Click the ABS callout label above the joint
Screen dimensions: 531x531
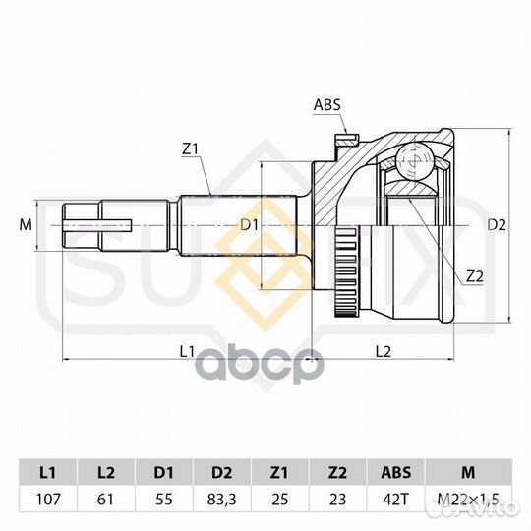click(326, 105)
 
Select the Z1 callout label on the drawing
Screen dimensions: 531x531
click(190, 149)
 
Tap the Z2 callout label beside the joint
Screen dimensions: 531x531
click(474, 276)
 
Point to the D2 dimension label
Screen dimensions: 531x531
click(497, 225)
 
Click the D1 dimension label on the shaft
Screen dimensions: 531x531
click(249, 224)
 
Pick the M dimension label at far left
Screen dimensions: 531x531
click(26, 224)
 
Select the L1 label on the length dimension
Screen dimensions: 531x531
click(187, 352)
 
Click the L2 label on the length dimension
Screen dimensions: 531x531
click(383, 352)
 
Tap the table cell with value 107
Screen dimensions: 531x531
click(48, 500)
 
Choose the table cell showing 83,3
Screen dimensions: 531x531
click(222, 500)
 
